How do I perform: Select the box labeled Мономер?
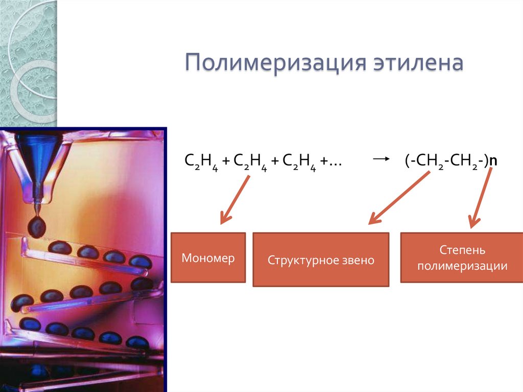coord(208,258)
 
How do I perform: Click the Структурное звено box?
coord(321,260)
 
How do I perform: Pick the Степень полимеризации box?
coord(461,258)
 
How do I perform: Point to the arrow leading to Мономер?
coord(234,200)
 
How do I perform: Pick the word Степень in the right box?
coord(462,251)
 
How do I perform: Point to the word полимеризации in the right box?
coord(462,266)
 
